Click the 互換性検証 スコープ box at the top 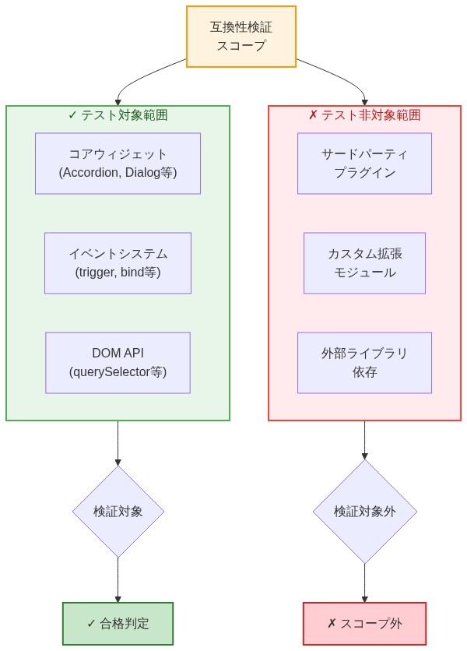coord(241,37)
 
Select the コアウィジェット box coord(118,163)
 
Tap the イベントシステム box coord(118,262)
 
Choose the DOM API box coord(118,362)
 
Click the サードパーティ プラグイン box coord(364,163)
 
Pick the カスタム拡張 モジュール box coord(364,262)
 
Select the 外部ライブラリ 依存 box coord(364,362)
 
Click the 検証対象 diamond coord(118,512)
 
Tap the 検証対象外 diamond coord(364,512)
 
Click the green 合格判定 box coord(118,623)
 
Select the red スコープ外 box coord(364,623)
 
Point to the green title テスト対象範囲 coord(118,115)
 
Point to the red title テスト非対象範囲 coord(364,115)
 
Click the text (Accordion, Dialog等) coord(118,173)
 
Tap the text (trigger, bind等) coord(118,273)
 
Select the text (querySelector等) coord(118,372)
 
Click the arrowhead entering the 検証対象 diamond coord(118,462)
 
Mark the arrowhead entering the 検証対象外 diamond coord(364,456)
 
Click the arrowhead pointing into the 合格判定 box coord(118,599)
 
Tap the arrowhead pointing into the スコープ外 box coord(364,599)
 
